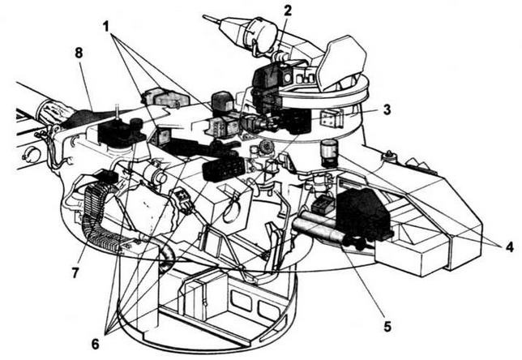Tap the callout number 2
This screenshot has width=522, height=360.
click(288, 11)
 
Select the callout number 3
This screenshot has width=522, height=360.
click(388, 109)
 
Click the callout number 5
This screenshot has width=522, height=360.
click(387, 327)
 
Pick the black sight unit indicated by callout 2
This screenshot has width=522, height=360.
click(266, 79)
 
